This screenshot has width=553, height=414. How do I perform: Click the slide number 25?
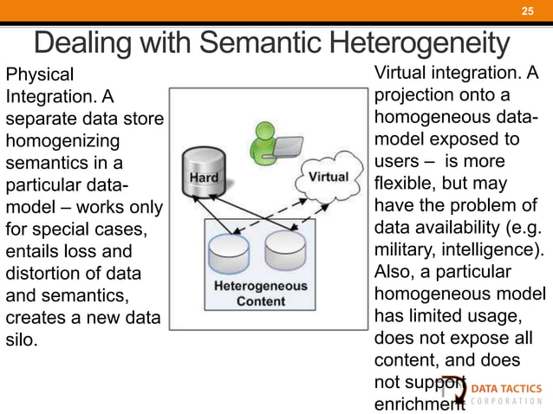(x=526, y=10)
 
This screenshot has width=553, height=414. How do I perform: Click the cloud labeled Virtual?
(x=329, y=177)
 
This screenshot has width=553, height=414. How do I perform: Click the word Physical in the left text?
(x=40, y=74)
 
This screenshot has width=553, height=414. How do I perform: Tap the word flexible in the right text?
(x=405, y=184)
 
